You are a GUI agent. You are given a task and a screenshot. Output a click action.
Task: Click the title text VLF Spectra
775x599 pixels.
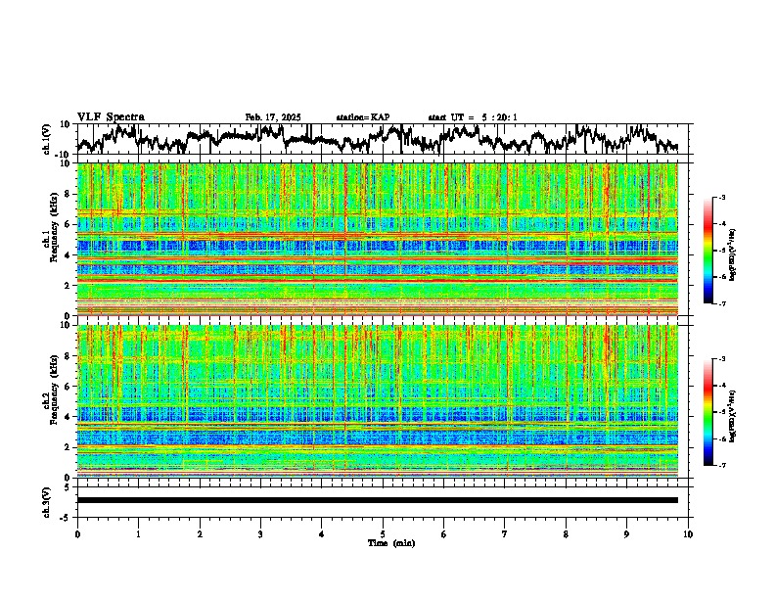coord(111,116)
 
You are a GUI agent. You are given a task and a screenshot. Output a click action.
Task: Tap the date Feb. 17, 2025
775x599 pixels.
coord(273,117)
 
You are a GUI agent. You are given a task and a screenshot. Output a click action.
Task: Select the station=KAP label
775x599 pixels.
coord(363,117)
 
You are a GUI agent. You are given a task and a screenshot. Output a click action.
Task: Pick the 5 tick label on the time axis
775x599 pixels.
coord(383,533)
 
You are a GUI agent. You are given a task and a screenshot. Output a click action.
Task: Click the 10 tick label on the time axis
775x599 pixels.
coord(688,533)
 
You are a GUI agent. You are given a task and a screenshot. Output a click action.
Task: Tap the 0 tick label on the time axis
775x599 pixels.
coord(77,533)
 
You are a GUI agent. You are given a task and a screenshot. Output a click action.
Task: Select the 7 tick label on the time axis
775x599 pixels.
coord(505,533)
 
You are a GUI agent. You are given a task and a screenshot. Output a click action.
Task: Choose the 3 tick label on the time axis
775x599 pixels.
coord(260,533)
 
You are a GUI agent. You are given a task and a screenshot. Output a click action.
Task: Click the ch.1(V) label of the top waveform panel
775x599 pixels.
coord(47,139)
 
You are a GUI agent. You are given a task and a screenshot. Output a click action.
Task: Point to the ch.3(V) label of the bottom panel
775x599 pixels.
coord(47,500)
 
